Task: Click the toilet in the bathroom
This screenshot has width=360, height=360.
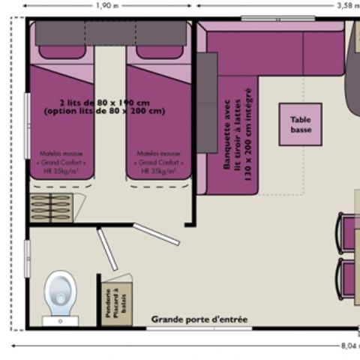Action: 60,295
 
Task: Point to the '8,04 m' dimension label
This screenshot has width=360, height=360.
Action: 349,346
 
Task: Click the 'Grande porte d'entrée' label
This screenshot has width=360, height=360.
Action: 199,319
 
